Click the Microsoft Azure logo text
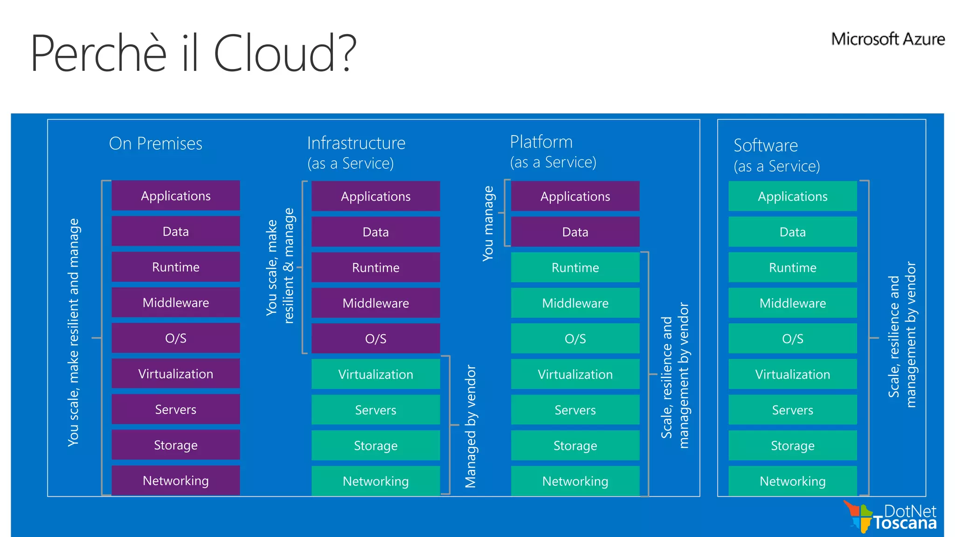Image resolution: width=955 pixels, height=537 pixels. [887, 39]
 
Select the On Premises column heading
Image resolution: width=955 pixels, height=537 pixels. [156, 144]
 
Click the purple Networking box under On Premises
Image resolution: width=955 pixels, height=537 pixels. [176, 481]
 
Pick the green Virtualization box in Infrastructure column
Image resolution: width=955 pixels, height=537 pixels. [375, 374]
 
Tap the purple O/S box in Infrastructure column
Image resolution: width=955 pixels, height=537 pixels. [375, 339]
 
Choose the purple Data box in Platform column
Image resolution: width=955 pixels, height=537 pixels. [575, 232]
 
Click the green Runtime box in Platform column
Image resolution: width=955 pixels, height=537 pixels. [575, 268]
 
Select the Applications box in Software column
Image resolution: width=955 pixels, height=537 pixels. [792, 196]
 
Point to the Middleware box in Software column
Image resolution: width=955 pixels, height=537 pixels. [792, 303]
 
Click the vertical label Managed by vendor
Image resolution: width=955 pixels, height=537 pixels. [471, 427]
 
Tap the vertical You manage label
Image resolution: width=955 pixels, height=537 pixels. [488, 223]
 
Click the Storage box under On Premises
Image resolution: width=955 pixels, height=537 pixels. [176, 445]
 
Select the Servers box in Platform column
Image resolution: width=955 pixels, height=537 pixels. [575, 410]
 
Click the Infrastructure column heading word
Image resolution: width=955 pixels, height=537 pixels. [356, 143]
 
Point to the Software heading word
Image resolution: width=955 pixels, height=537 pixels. [766, 145]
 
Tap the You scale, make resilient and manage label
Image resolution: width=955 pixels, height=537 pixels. [74, 332]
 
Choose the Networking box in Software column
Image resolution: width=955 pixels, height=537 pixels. [792, 481]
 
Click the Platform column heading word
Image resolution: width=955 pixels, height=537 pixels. [541, 142]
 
